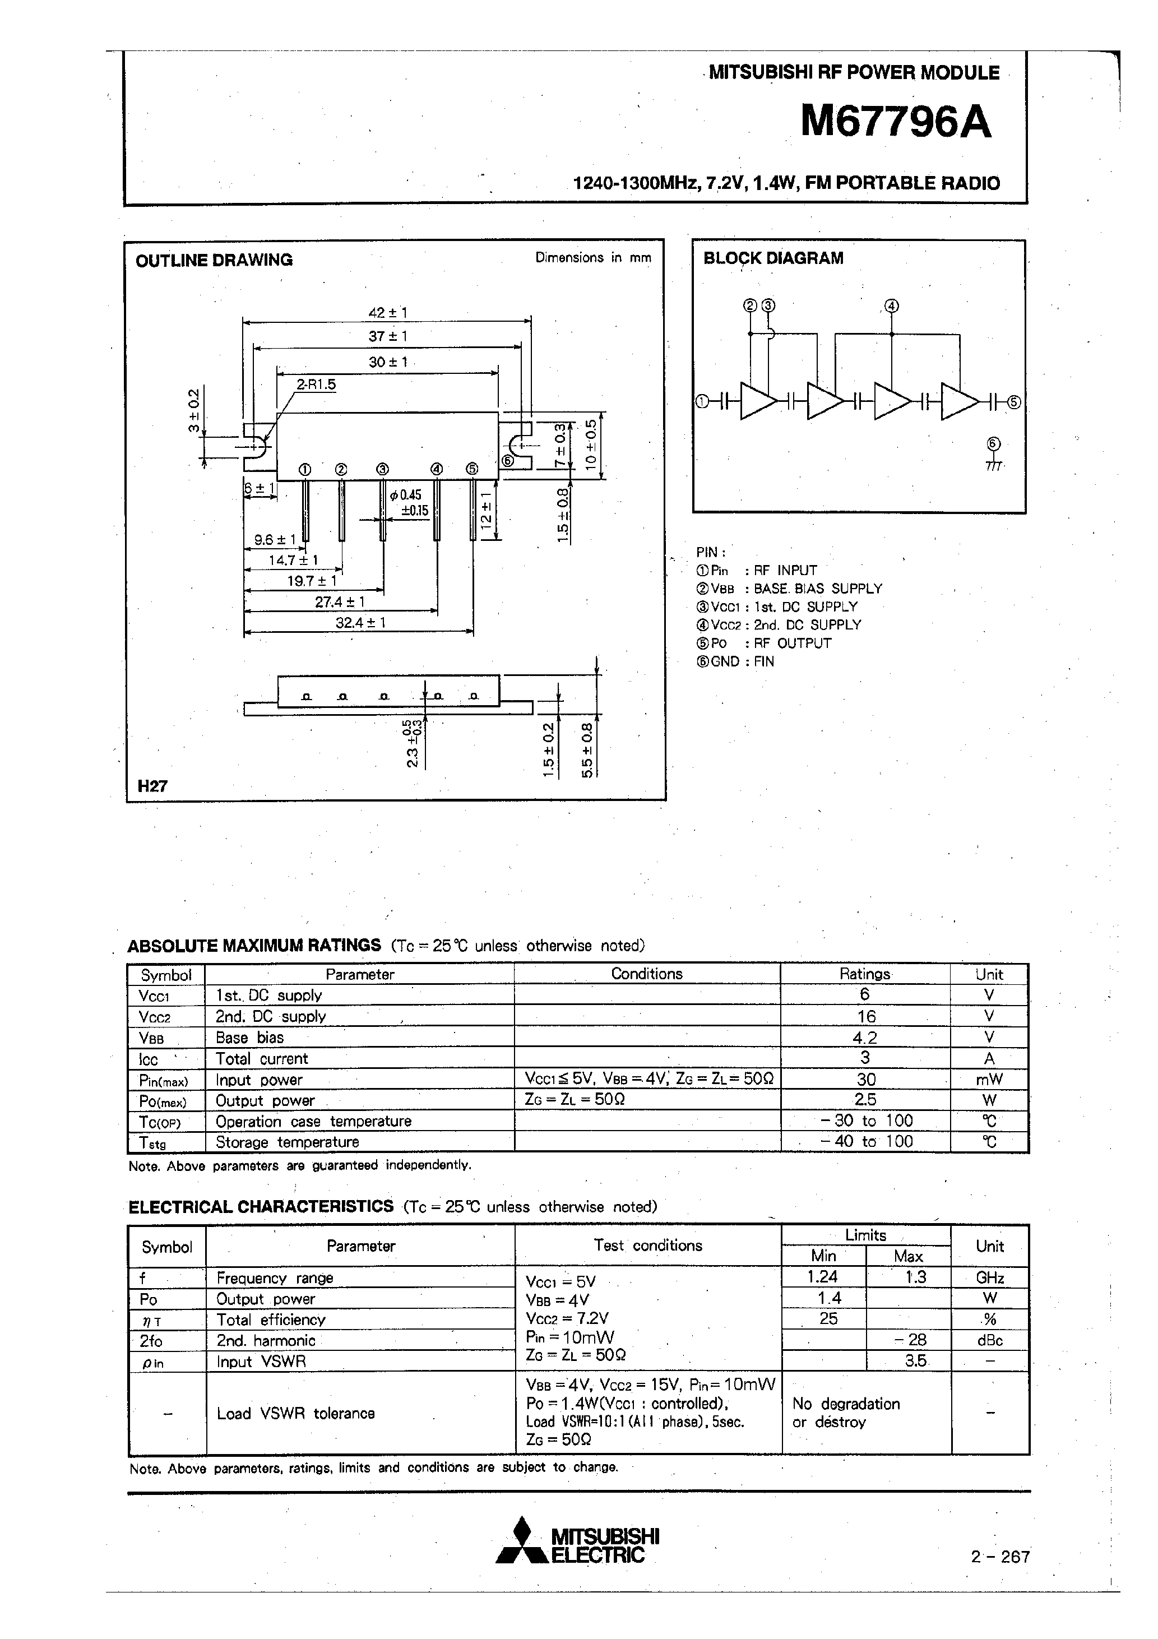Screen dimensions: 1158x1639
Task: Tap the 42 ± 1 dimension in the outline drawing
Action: click(x=388, y=313)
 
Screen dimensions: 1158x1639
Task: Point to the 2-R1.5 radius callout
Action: click(x=316, y=385)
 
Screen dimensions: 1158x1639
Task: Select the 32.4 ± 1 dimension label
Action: click(x=360, y=623)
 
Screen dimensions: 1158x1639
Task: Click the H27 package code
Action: click(x=152, y=786)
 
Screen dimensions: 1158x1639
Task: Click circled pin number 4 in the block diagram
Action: click(x=891, y=306)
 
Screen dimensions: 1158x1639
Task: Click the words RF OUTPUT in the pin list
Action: click(x=793, y=643)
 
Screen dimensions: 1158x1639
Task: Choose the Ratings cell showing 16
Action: click(x=865, y=1016)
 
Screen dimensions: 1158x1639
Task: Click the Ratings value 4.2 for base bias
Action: click(x=865, y=1037)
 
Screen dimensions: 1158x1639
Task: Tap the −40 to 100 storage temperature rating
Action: click(x=865, y=1141)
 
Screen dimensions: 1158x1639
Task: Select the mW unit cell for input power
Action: click(x=989, y=1080)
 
